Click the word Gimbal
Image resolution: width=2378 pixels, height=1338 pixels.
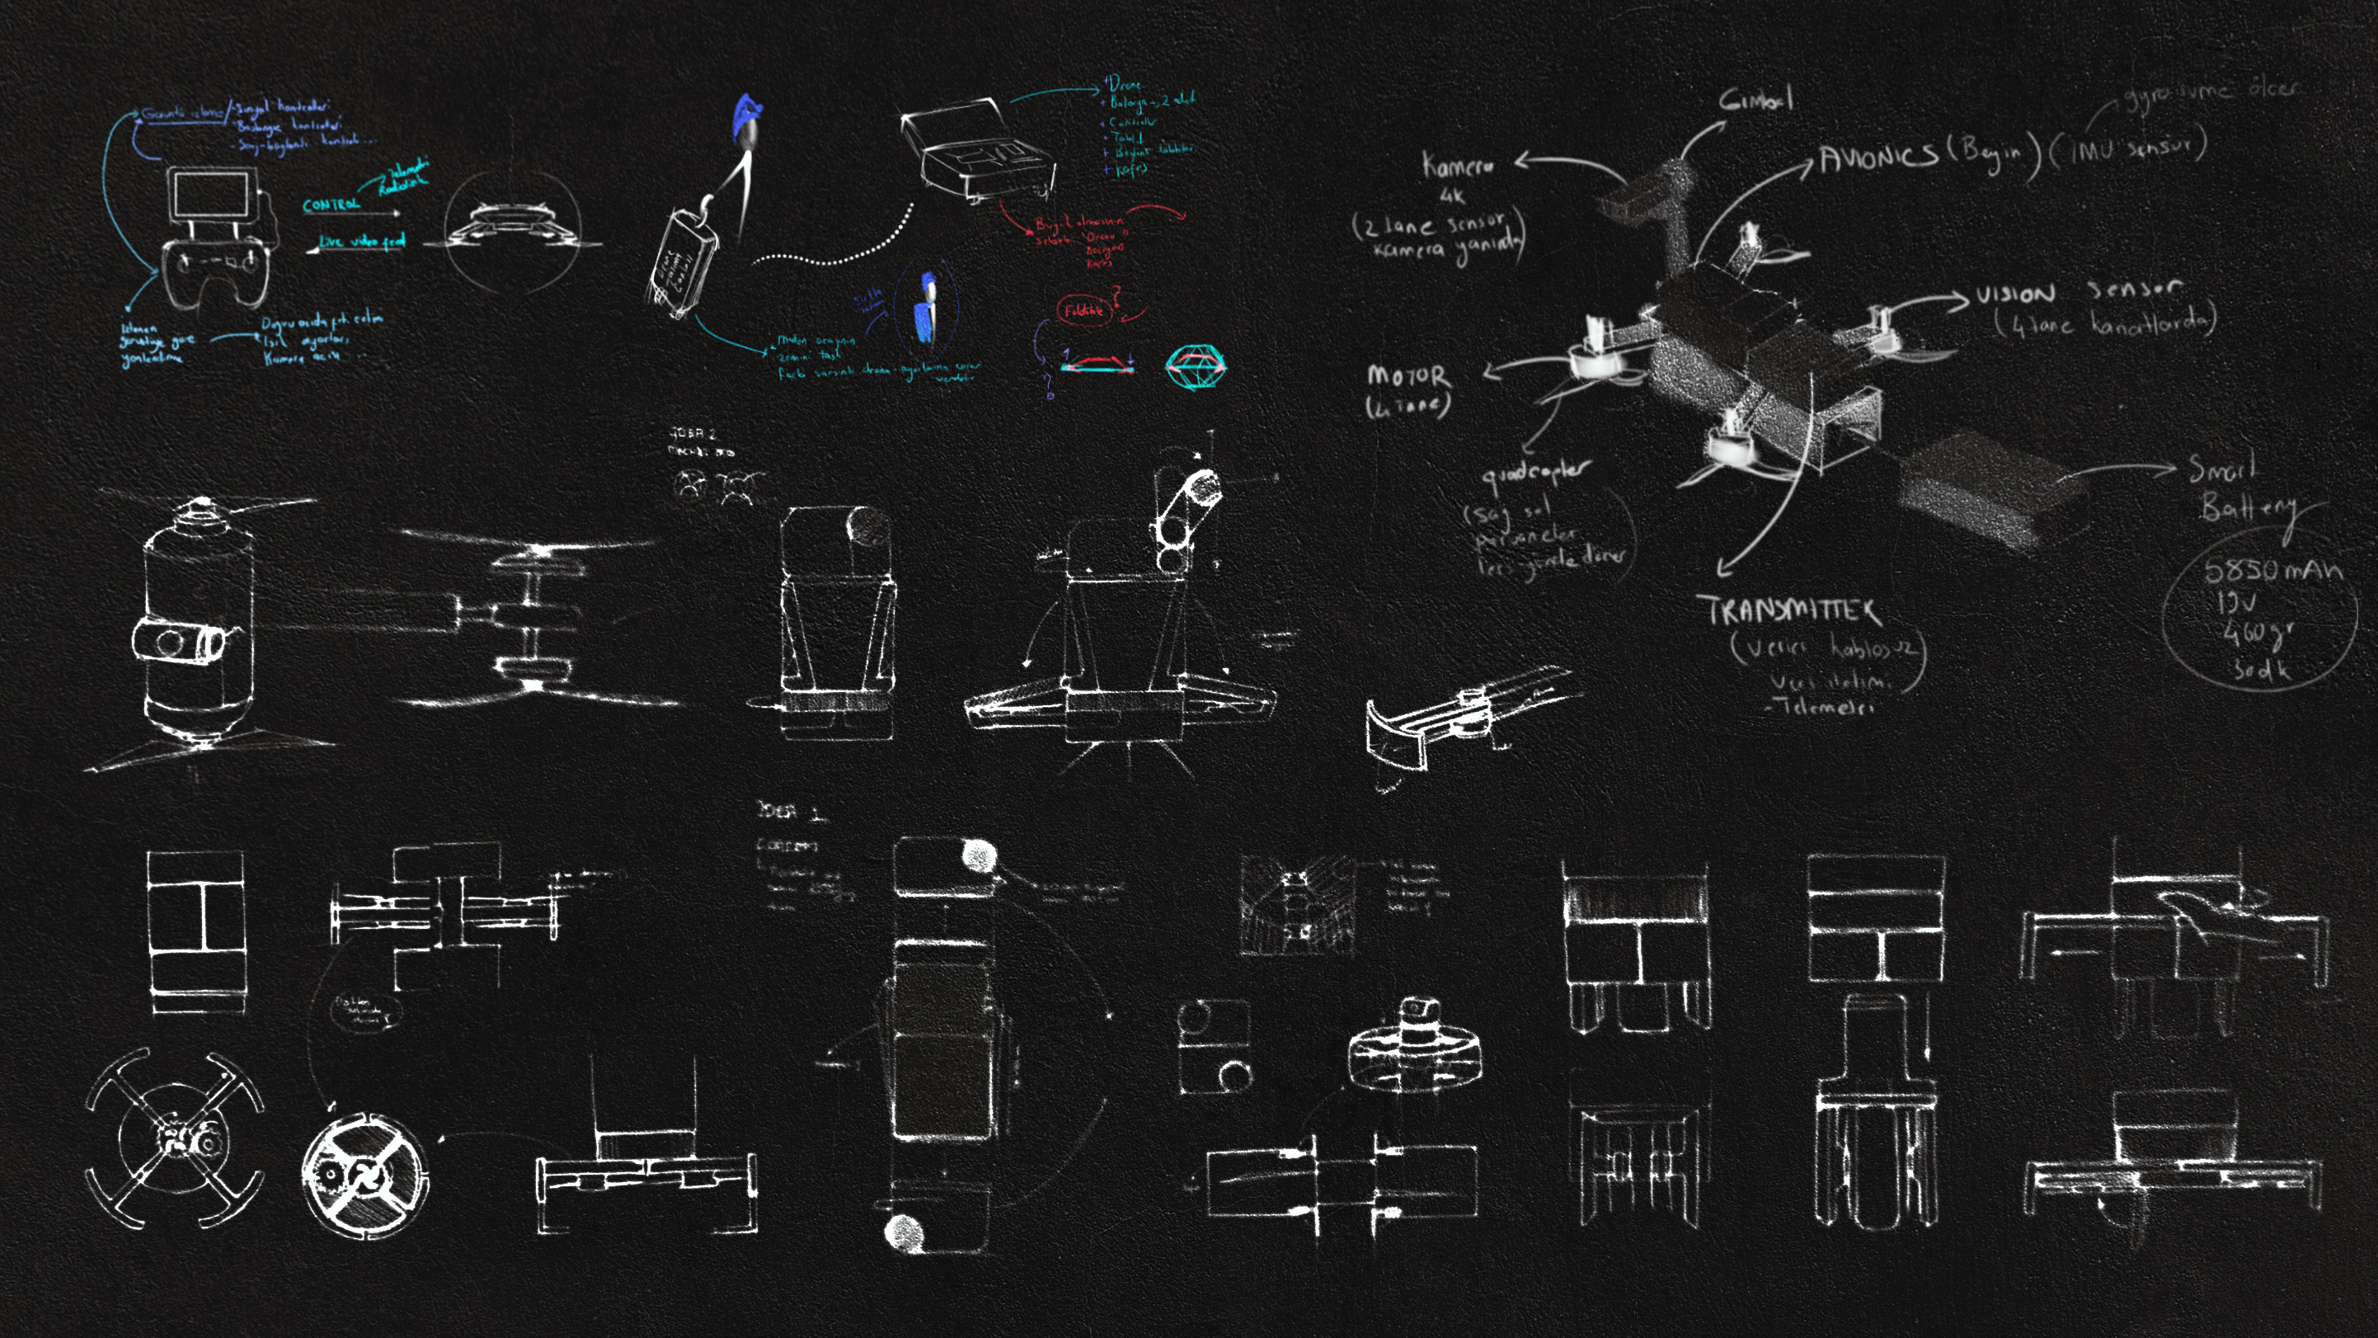pos(1755,99)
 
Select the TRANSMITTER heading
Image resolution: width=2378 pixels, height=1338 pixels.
pos(1789,610)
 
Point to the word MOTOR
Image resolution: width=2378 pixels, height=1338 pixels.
pos(1408,376)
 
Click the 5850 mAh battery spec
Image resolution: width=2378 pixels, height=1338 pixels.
pos(2272,570)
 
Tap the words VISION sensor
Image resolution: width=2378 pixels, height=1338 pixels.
pos(2077,293)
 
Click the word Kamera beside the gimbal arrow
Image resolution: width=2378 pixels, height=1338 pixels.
pos(1458,166)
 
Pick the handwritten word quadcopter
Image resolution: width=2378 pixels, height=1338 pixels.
pos(1535,473)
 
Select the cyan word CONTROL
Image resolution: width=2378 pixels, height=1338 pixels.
pos(331,204)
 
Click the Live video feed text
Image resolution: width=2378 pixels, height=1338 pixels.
pos(361,241)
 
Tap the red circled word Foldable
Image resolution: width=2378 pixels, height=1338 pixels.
pos(1083,310)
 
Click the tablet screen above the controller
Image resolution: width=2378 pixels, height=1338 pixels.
pos(211,195)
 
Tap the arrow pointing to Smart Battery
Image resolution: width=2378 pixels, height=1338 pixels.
pos(2123,471)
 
